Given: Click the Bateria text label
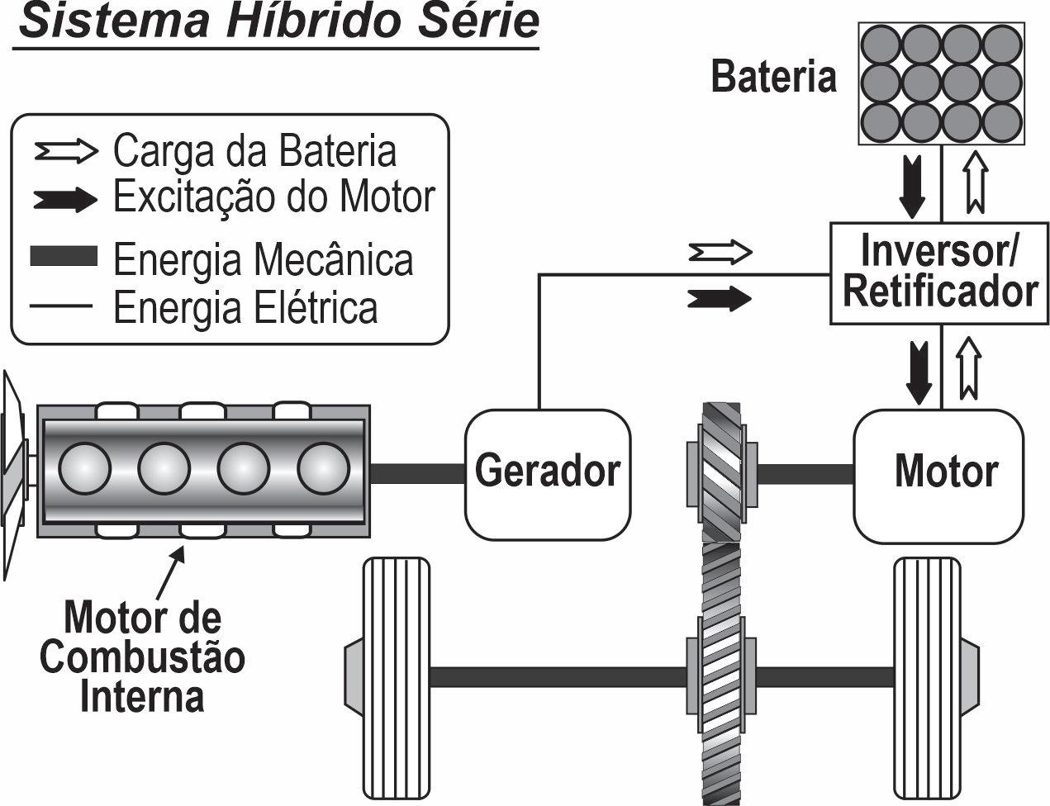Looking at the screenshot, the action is (x=773, y=76).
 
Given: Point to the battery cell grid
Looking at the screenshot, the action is (x=941, y=83).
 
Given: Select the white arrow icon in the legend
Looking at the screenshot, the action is (x=66, y=151).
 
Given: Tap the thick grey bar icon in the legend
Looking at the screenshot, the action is (x=64, y=256).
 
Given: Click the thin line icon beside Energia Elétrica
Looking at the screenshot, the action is (x=61, y=306).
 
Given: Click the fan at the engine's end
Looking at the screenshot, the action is (x=13, y=475).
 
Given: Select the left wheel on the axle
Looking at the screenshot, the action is (x=397, y=677).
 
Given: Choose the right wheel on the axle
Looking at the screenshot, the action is (x=927, y=677).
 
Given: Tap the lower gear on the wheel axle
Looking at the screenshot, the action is (x=721, y=676).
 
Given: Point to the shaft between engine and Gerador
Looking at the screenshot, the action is (x=417, y=473).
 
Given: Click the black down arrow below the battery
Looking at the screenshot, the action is (x=912, y=187).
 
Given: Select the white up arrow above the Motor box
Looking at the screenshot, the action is (x=969, y=368).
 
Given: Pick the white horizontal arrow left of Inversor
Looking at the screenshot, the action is (x=720, y=252).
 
